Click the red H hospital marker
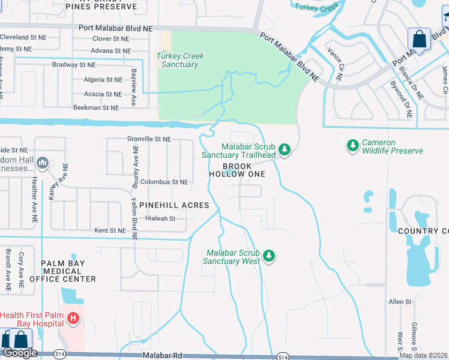(73, 318)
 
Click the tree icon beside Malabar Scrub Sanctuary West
(270, 256)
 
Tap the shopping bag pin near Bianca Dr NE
(419, 40)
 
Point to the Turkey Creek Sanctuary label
(181, 60)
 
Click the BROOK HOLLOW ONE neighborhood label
(237, 170)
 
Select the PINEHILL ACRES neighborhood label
(174, 205)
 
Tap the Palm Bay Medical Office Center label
(68, 271)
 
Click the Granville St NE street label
(149, 139)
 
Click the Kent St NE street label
(110, 230)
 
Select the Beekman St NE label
(96, 107)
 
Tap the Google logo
(20, 353)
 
